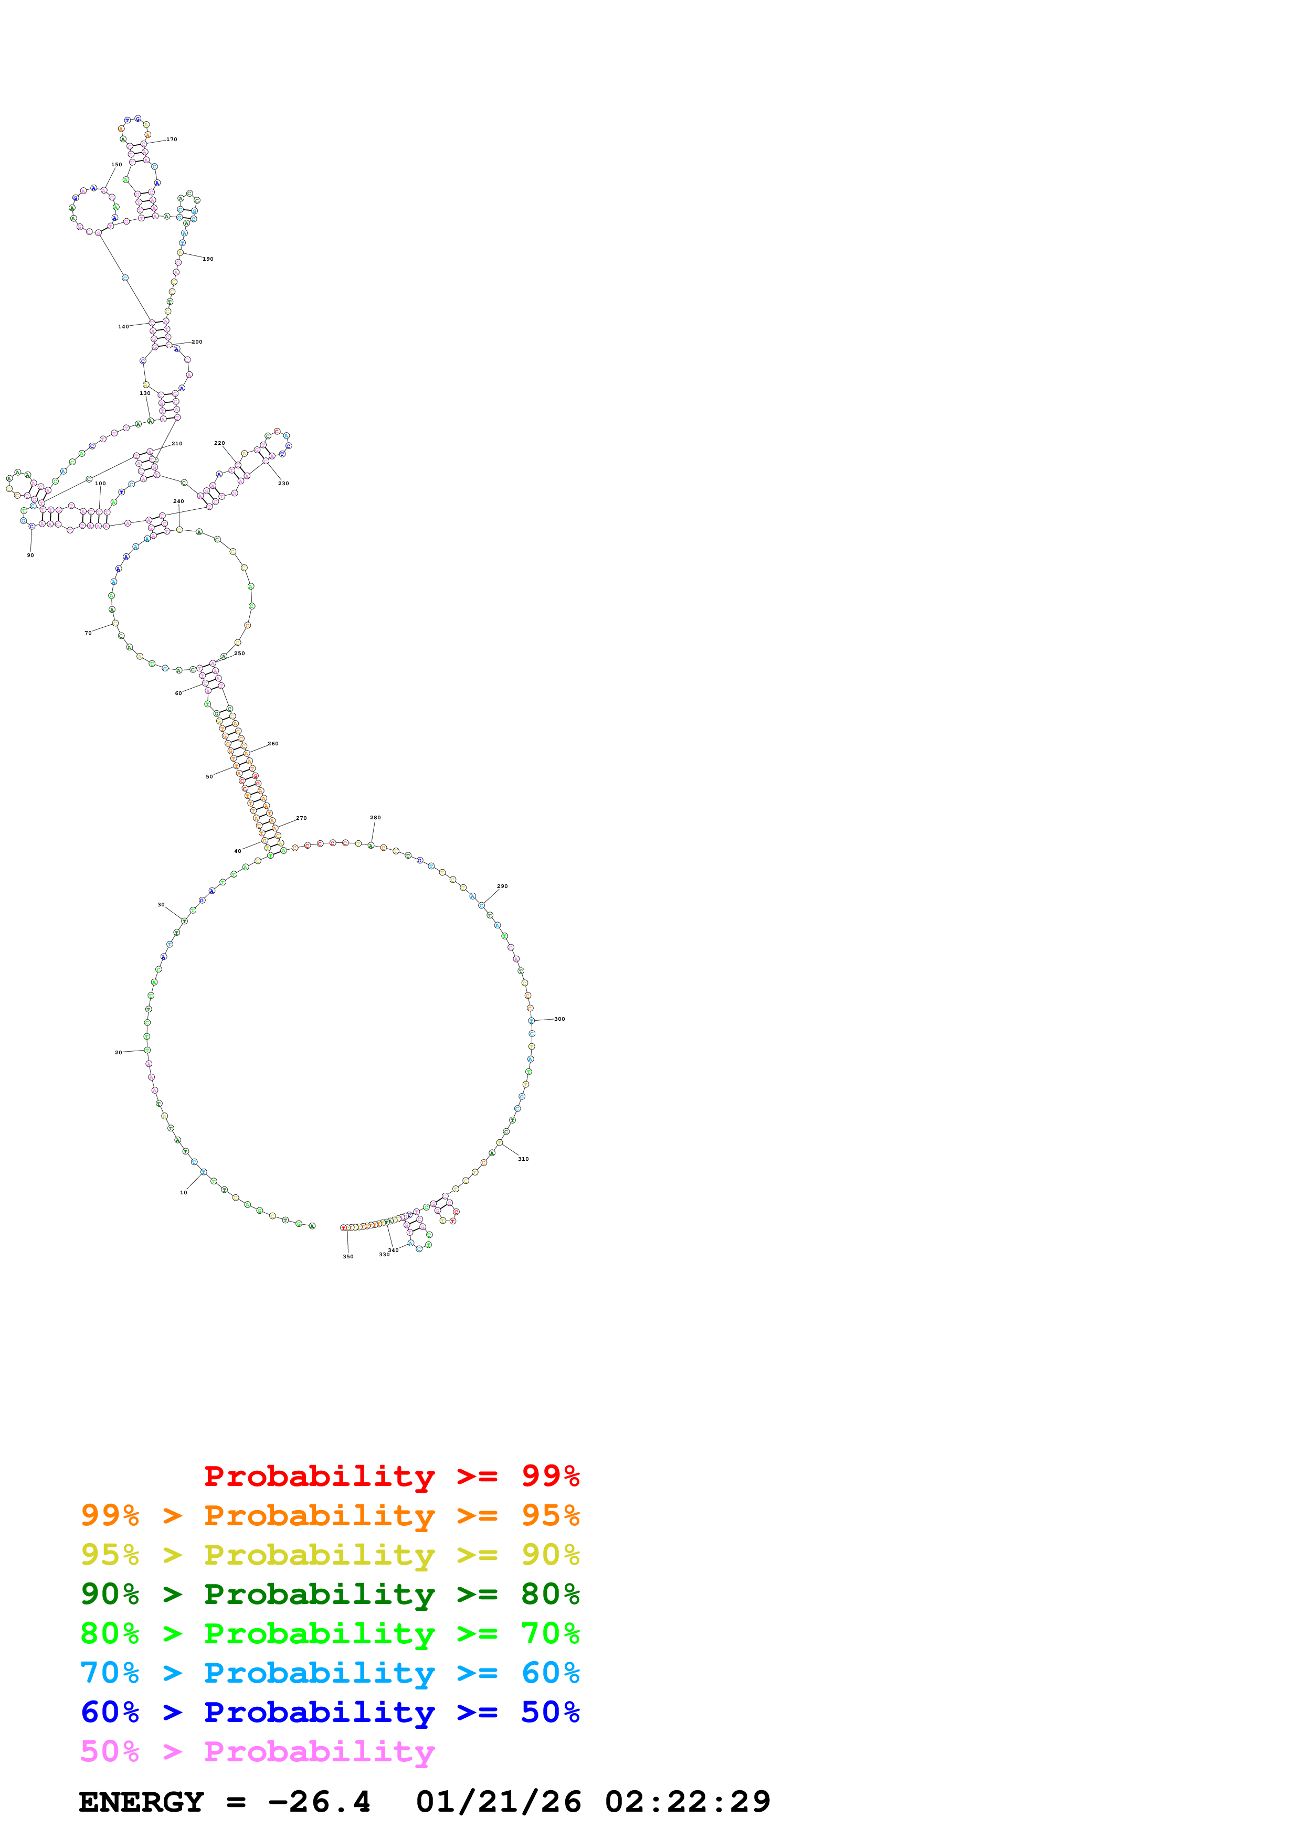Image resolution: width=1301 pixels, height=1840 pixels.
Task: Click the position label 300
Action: (x=559, y=1019)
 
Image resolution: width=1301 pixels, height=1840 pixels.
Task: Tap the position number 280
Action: (x=375, y=817)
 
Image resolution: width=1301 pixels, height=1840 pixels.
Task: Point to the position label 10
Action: (x=184, y=1192)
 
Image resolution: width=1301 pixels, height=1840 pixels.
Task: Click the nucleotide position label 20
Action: (x=119, y=1052)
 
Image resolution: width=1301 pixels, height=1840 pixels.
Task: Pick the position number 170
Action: (x=172, y=140)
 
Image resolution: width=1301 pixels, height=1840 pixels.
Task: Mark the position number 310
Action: (x=523, y=1159)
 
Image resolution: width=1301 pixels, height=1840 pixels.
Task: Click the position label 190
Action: (x=208, y=259)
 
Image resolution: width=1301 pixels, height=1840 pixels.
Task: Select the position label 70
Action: (x=88, y=632)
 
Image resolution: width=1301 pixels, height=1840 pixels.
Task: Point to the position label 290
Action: (x=503, y=886)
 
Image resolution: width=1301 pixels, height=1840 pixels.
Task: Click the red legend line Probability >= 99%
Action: (x=391, y=1475)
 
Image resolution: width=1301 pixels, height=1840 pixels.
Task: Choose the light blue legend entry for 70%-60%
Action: (x=330, y=1673)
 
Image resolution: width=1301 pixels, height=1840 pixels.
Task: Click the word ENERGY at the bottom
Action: (x=141, y=1802)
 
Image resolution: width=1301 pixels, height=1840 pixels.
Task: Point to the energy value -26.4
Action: (x=319, y=1802)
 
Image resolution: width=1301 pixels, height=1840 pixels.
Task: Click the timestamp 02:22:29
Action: (x=687, y=1802)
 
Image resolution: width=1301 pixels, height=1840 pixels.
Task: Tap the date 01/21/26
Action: (x=498, y=1802)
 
